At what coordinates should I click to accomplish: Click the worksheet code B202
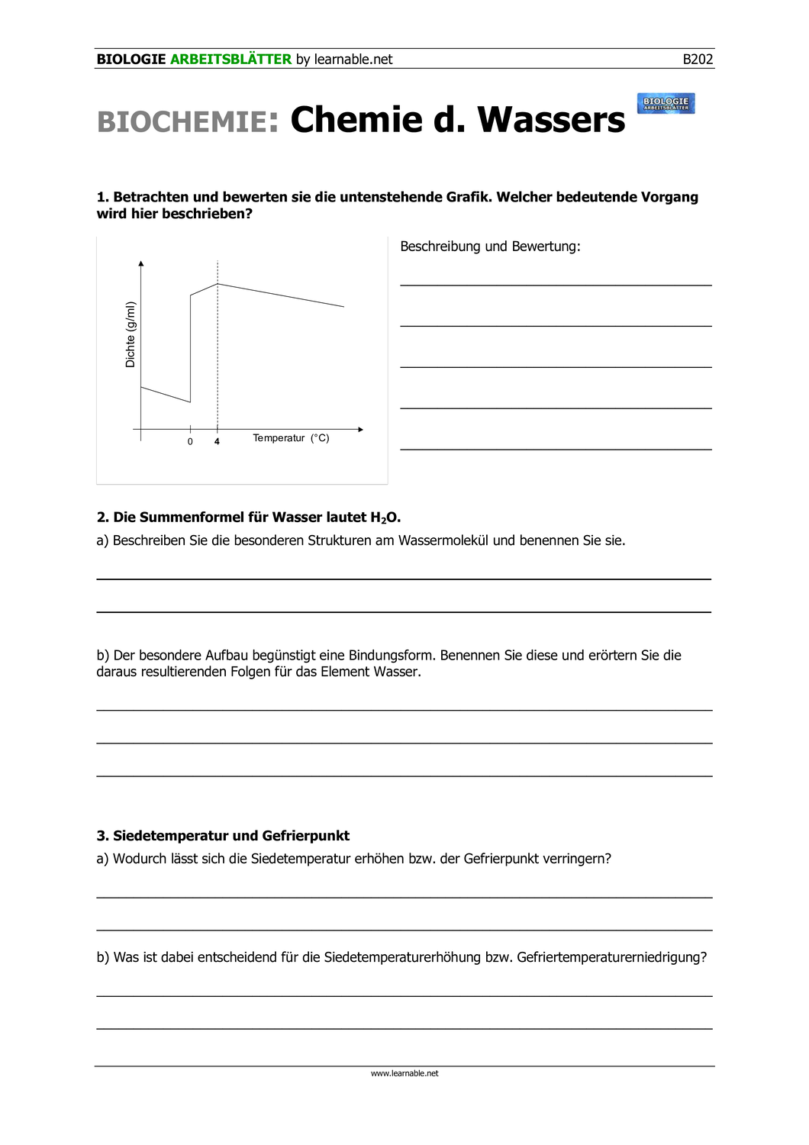(x=698, y=60)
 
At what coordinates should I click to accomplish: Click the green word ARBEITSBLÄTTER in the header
(x=230, y=60)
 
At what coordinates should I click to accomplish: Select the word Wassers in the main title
(x=551, y=120)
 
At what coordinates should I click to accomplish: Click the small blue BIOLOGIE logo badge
(x=666, y=103)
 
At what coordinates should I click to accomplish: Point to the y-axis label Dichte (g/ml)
(x=131, y=334)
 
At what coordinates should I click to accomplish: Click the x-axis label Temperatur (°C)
(x=291, y=438)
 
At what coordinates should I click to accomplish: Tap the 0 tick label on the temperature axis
(x=190, y=442)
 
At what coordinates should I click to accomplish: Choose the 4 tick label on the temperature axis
(x=217, y=442)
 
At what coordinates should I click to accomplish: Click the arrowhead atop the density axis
(x=141, y=264)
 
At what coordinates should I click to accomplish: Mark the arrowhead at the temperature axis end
(x=360, y=430)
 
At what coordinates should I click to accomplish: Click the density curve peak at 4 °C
(x=218, y=284)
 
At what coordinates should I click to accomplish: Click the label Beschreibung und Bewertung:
(x=490, y=247)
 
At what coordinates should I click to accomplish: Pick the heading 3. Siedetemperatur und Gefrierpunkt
(x=223, y=836)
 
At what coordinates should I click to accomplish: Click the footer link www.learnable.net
(x=404, y=1073)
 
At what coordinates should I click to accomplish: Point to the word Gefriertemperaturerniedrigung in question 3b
(x=611, y=957)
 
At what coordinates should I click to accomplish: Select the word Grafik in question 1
(x=468, y=197)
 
